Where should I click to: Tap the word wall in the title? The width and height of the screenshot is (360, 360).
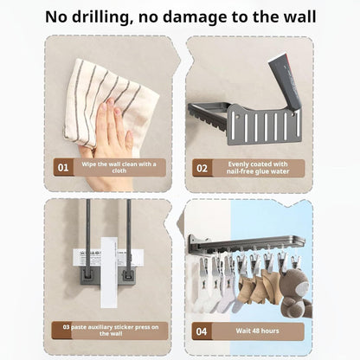pos(299,16)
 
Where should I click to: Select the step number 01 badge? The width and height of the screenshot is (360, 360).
pos(63,168)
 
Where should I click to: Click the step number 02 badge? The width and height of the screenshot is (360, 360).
pos(202,168)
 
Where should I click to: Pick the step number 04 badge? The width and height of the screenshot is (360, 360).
pos(202,331)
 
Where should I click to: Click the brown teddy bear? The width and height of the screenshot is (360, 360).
pos(296,292)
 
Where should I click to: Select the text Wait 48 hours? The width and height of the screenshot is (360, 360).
pos(257,331)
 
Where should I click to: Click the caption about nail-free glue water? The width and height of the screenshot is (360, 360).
pos(258,168)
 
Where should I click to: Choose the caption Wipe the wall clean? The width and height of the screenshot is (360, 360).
pos(119,167)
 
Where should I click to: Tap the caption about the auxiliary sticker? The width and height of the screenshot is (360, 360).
pos(111,331)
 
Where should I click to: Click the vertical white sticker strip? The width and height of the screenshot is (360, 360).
pos(109,273)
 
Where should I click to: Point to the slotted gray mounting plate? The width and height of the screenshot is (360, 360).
pos(264,125)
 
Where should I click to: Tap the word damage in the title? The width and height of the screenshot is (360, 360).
pos(195,18)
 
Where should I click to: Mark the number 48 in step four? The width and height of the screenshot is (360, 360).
pos(257,331)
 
